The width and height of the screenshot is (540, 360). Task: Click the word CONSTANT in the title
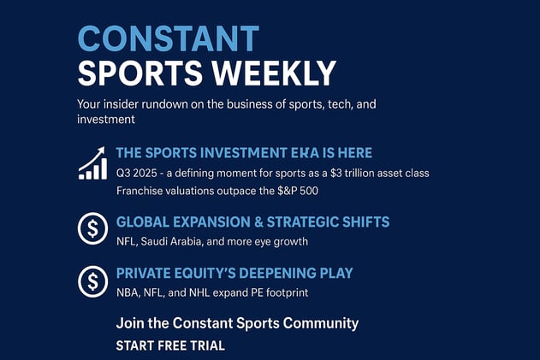168,38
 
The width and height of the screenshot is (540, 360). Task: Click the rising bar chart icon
92,162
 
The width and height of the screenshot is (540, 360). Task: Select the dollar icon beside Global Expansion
92,228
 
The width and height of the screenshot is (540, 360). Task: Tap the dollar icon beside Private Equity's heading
92,281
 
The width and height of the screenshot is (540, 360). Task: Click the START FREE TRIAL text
170,345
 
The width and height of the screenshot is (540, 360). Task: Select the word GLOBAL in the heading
143,222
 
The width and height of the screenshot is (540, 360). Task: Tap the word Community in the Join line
320,323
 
